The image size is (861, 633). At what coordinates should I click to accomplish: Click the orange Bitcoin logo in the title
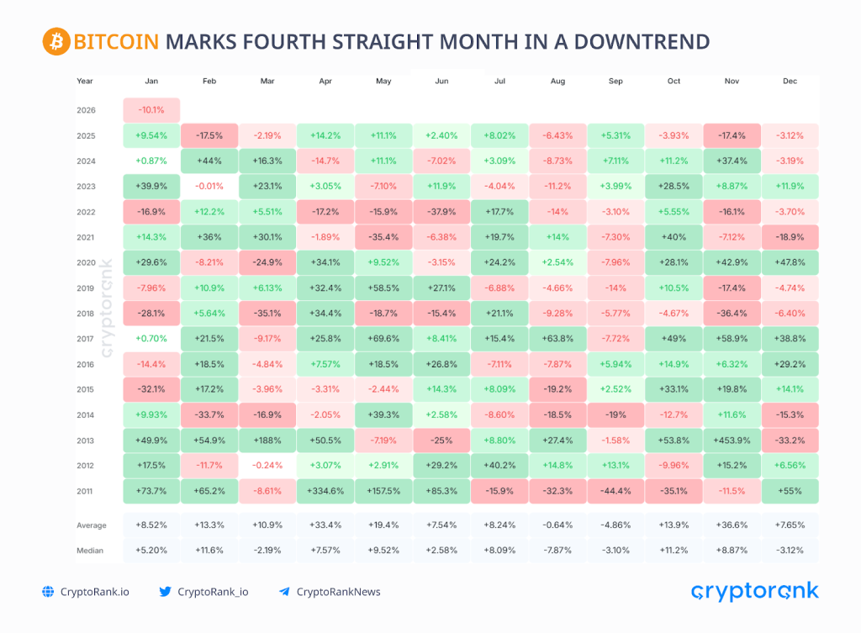coord(55,41)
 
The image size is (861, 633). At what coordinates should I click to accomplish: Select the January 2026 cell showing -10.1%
coord(151,110)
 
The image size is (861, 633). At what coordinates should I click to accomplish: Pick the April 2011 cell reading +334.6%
coord(325,491)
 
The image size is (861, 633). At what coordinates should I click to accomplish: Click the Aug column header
coord(557,82)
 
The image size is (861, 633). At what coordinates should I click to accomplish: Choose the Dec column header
coord(790,82)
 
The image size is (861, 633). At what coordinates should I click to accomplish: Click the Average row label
coord(92,525)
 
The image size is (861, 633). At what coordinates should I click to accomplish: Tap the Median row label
coord(90,551)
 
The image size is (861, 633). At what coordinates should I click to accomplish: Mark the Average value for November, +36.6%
coord(731,525)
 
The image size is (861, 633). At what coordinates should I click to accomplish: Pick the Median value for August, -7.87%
coord(557,551)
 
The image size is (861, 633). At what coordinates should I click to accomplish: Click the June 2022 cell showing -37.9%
coord(441,212)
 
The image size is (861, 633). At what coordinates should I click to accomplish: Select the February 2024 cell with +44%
coord(209,161)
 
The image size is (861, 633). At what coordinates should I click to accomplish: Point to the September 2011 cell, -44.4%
coord(615,491)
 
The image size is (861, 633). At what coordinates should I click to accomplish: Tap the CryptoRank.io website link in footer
coord(94,592)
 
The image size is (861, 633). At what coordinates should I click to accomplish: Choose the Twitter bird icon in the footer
coord(165,592)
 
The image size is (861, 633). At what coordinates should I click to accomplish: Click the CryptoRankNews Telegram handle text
coord(337,592)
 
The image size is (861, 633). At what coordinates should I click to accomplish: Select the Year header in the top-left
coord(85,82)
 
